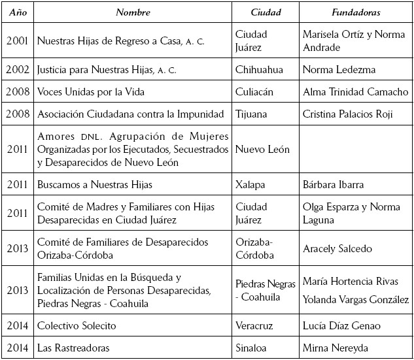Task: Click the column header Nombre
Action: click(133, 12)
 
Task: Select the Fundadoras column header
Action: click(355, 12)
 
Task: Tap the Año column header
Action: click(17, 12)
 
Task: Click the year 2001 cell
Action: click(17, 41)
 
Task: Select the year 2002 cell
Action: click(17, 69)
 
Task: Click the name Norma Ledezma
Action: click(337, 69)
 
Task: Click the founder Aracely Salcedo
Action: click(337, 248)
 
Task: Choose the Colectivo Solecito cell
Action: click(77, 325)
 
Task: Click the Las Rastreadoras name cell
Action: click(73, 348)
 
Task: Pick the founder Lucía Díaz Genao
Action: click(341, 325)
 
